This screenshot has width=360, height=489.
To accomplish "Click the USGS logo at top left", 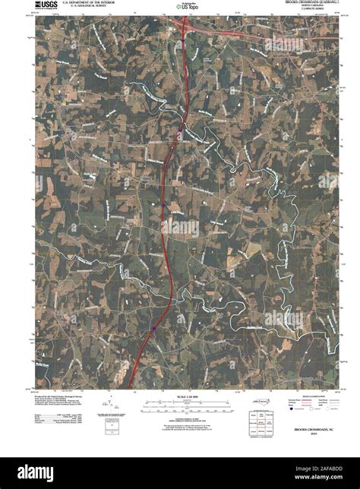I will click(45, 6).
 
